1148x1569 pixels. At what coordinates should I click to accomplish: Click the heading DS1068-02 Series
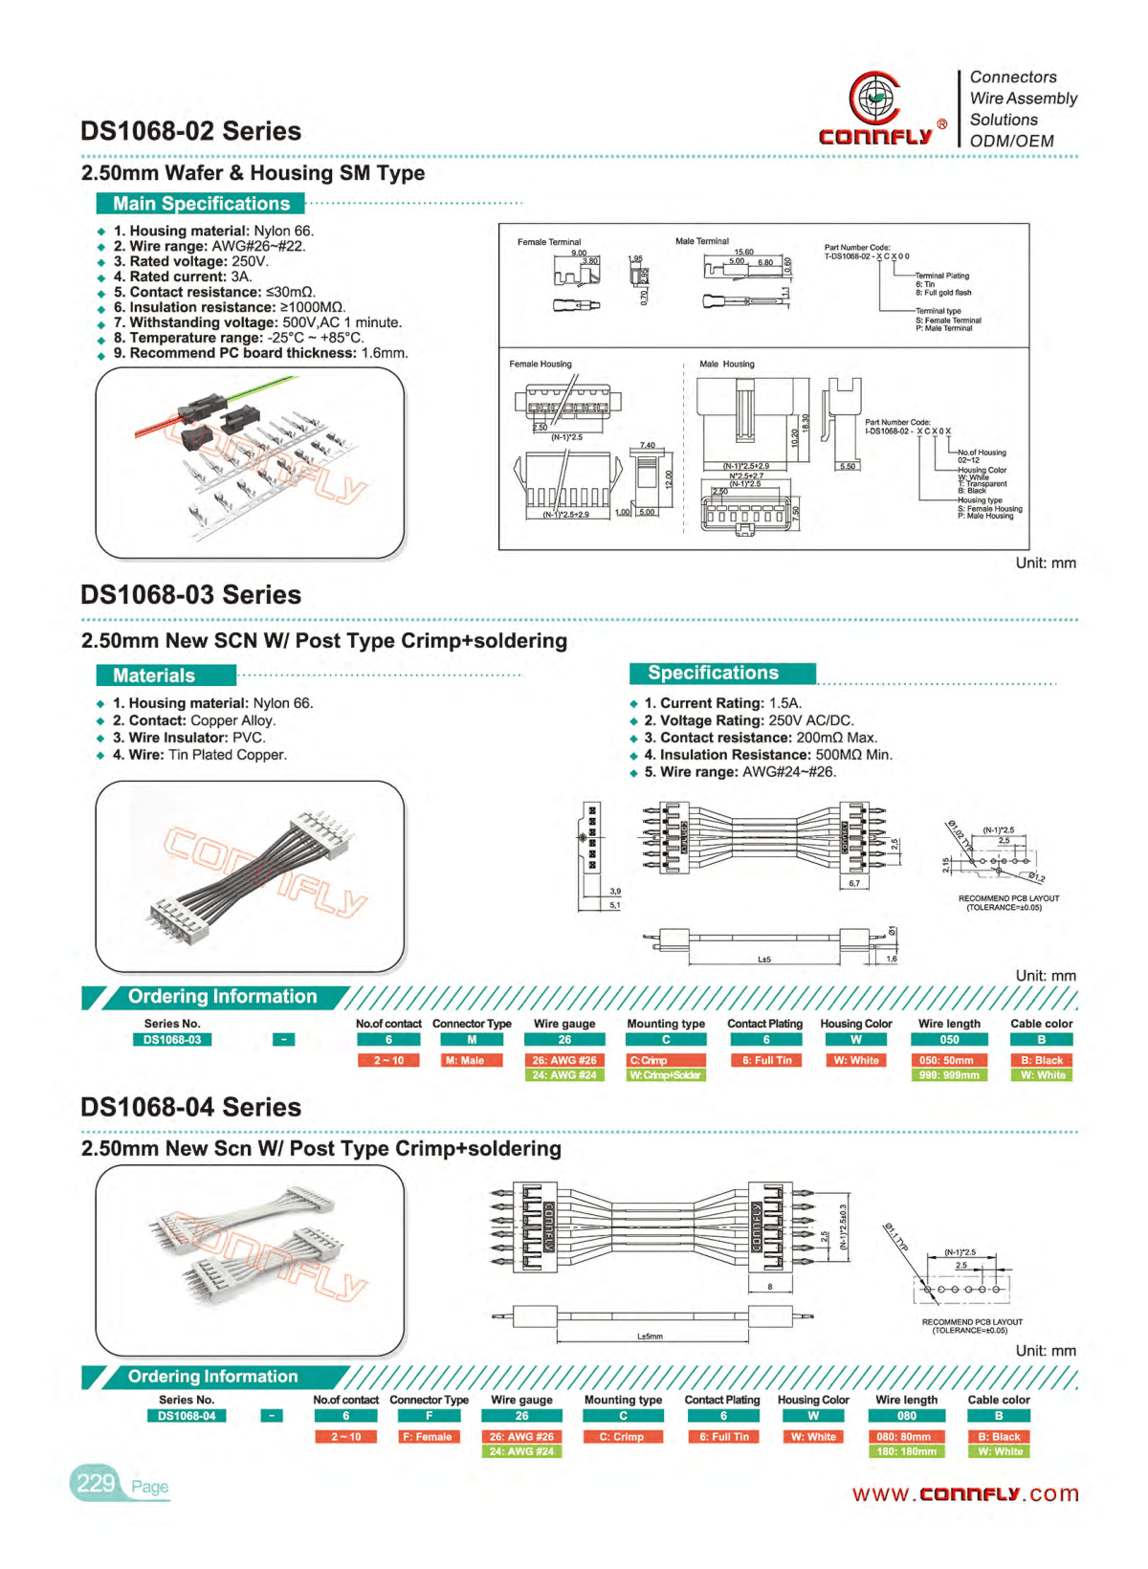(x=190, y=131)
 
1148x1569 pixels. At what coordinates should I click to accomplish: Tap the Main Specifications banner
(x=201, y=204)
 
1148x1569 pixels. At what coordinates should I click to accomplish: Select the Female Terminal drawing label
(x=548, y=242)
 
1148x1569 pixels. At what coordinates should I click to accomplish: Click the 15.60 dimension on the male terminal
(x=743, y=252)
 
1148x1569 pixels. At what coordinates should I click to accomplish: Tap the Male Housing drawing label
(x=726, y=364)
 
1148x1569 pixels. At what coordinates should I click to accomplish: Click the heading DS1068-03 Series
(x=190, y=595)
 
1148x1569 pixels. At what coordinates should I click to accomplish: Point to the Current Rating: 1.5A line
(x=722, y=703)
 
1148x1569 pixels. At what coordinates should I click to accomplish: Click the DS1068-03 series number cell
(x=172, y=1040)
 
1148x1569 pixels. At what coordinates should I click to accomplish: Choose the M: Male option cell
(x=472, y=1060)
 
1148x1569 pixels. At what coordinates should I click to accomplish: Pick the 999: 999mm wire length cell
(x=949, y=1075)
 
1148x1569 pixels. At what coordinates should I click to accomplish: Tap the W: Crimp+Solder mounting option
(x=666, y=1075)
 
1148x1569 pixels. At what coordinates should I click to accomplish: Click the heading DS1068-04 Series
(x=190, y=1108)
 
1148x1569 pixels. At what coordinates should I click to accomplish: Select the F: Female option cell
(x=429, y=1437)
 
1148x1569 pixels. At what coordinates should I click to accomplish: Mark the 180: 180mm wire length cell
(x=906, y=1451)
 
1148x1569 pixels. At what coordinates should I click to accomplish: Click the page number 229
(x=96, y=1484)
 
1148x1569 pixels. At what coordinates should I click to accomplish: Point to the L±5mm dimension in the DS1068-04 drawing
(x=650, y=1337)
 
